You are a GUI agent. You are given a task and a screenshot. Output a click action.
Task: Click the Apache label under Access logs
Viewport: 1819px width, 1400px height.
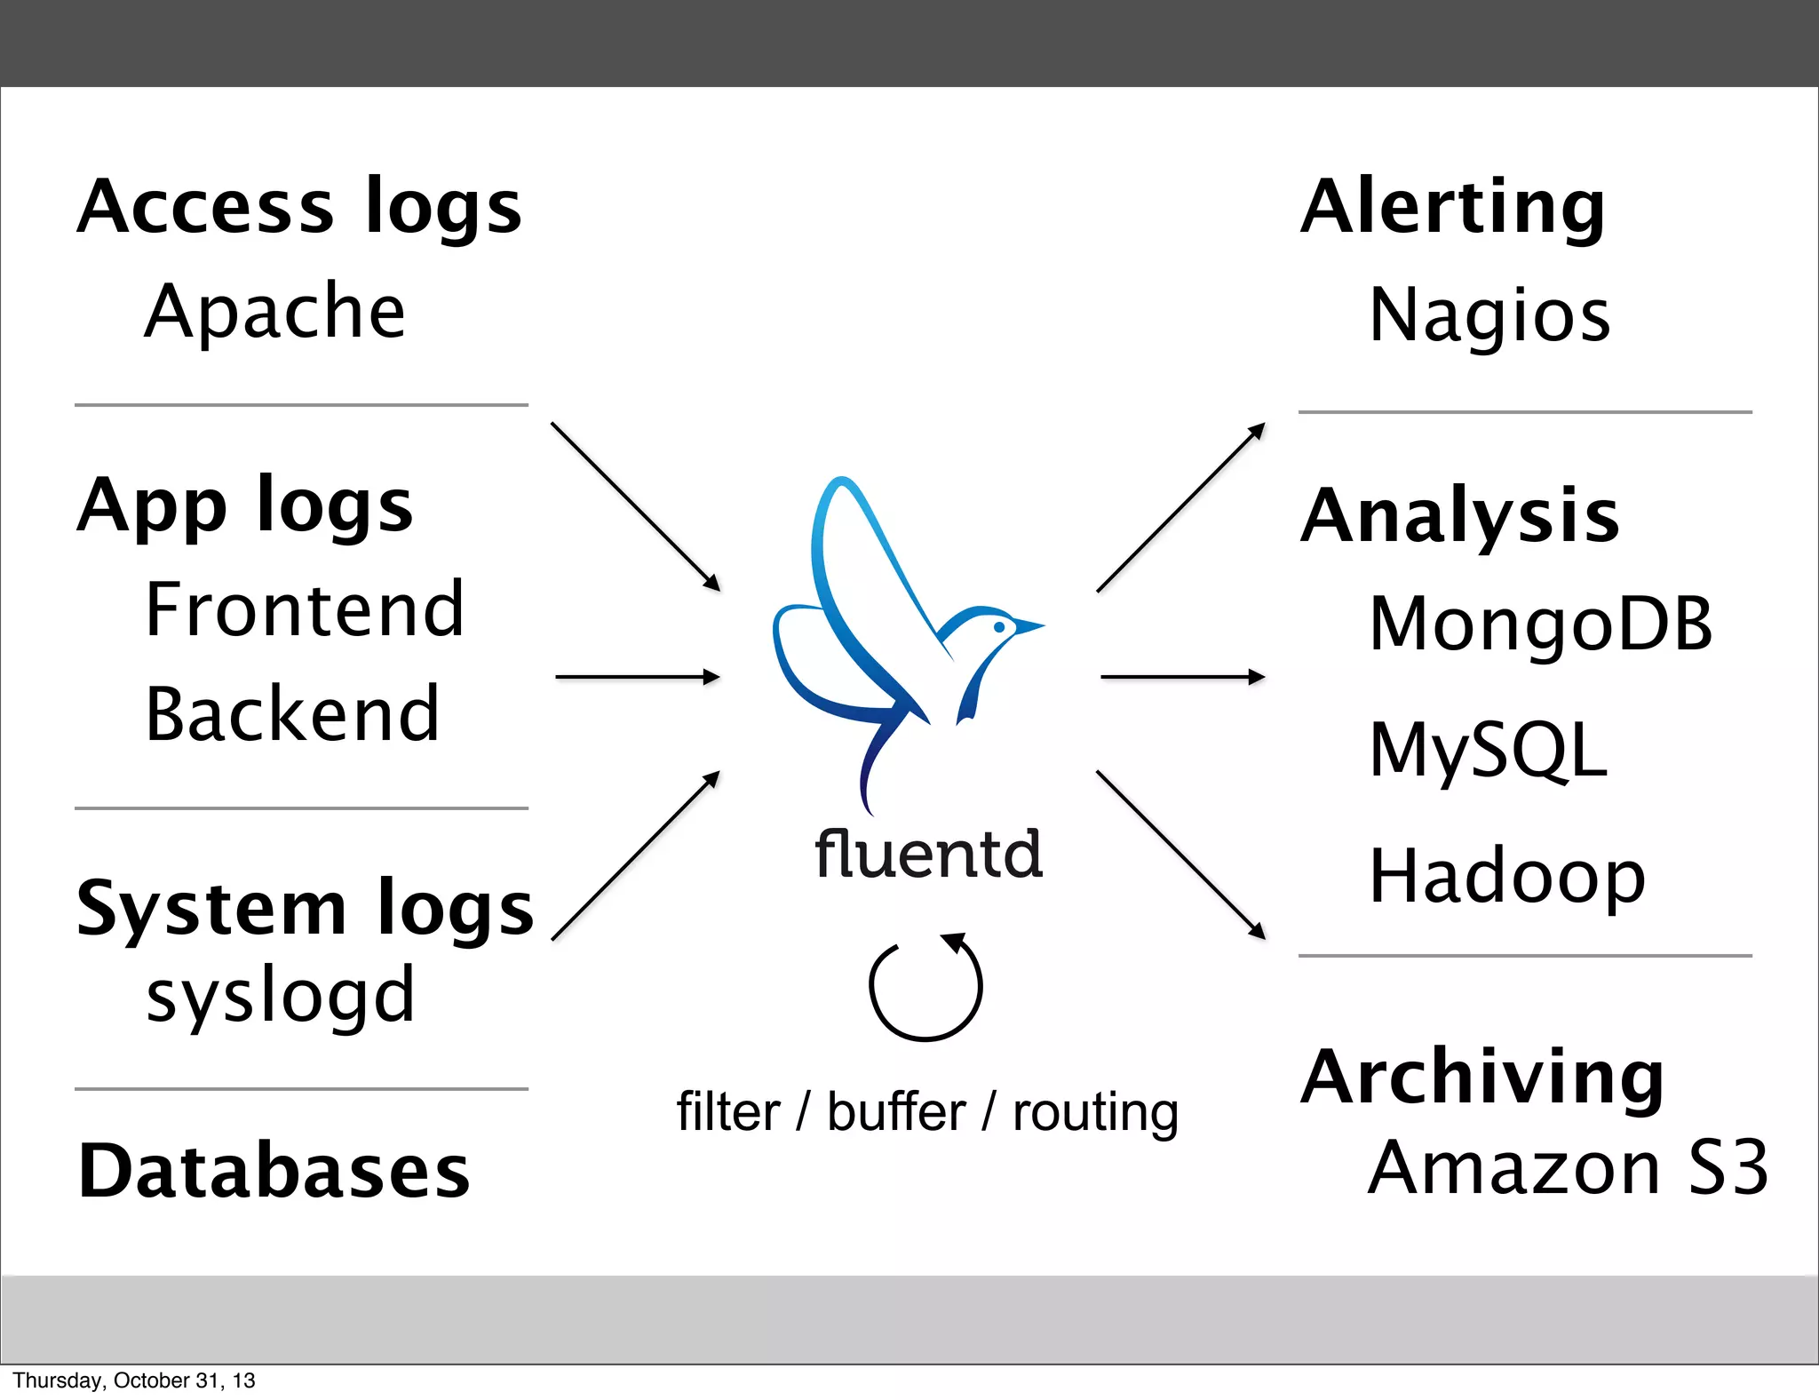[275, 313]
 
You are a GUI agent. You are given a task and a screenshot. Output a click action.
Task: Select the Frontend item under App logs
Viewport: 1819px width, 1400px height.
[305, 610]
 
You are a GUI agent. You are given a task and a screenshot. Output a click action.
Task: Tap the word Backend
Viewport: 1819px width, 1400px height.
[292, 714]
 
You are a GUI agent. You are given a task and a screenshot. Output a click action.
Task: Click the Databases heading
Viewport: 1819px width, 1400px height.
[274, 1172]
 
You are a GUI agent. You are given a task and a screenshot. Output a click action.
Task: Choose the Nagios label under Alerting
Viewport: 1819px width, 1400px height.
[1489, 316]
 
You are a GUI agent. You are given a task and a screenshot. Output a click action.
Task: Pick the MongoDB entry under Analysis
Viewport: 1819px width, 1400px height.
[1541, 624]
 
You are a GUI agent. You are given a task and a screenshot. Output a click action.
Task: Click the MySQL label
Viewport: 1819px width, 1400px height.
[1489, 751]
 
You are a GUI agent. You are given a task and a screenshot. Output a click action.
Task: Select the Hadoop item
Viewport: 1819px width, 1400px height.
[1507, 878]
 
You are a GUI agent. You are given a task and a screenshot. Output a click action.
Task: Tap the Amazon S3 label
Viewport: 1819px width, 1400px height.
[1568, 1168]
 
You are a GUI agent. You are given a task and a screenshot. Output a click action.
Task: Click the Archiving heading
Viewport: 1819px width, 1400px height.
[1481, 1077]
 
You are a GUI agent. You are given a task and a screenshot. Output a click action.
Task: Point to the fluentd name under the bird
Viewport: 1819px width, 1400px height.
[928, 854]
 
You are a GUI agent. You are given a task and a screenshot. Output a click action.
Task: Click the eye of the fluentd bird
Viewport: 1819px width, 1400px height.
[999, 627]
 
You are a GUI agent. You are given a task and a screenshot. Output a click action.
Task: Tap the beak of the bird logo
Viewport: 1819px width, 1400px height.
[1030, 627]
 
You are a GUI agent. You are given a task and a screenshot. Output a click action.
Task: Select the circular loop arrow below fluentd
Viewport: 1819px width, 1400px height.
[925, 987]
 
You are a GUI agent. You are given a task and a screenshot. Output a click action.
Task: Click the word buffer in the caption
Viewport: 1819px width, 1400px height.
[895, 1112]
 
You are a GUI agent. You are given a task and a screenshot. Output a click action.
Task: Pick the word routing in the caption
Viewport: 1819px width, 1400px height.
[1095, 1112]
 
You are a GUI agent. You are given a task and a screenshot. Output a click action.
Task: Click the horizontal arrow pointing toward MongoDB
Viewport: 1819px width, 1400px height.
[1181, 677]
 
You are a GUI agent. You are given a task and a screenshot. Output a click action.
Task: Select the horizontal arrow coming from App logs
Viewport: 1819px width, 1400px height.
[637, 677]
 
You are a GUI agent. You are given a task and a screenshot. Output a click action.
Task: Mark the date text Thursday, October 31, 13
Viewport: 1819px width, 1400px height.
[134, 1380]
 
